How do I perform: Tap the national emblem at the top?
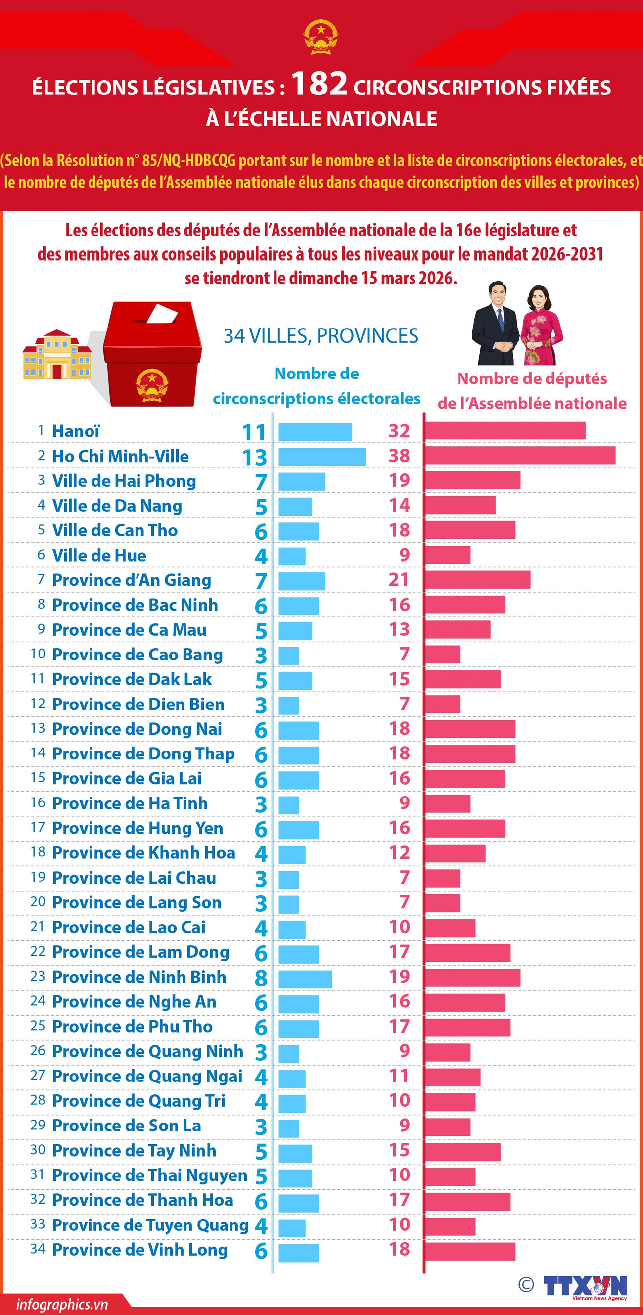point(321,37)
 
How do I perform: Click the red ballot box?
point(152,355)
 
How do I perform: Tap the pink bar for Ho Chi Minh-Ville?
point(520,455)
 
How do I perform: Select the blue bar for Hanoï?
point(315,432)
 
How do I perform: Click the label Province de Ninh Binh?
point(139,977)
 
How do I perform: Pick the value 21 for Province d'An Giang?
point(399,580)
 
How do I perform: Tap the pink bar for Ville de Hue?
point(448,555)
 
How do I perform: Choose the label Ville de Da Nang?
point(117,506)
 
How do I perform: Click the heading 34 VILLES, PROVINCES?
point(321,336)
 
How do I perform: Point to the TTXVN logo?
point(584,1285)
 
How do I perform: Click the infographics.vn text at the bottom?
point(62,1304)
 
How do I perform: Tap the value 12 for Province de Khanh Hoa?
point(399,852)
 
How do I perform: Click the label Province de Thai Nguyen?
point(149,1175)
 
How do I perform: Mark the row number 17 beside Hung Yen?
point(38,827)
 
